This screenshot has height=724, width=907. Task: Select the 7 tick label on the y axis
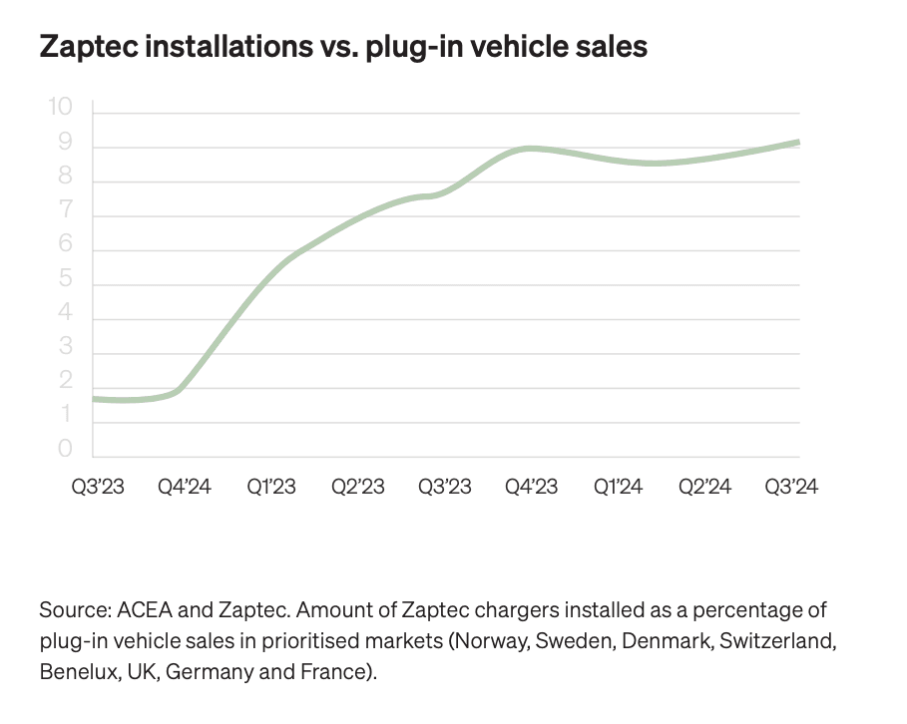click(67, 210)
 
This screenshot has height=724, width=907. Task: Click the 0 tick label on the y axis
click(67, 450)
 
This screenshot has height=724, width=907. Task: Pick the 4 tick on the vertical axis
click(67, 313)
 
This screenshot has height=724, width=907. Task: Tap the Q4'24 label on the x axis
click(186, 487)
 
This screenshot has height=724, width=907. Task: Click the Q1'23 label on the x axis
click(271, 487)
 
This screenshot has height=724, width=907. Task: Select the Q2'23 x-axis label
click(358, 487)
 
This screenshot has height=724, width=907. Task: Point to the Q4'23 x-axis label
click(531, 487)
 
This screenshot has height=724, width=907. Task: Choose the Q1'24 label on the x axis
click(618, 487)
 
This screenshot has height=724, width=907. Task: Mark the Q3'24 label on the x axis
click(790, 487)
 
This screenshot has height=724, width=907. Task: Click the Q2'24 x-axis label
click(704, 487)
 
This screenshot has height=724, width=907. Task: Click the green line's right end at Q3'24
click(796, 144)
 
